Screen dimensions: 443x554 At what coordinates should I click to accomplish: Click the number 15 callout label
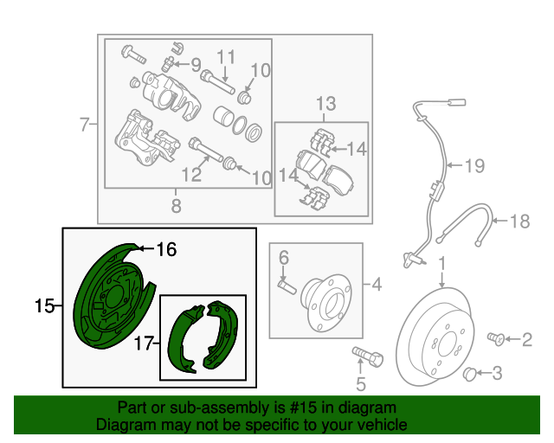pyautogui.click(x=44, y=305)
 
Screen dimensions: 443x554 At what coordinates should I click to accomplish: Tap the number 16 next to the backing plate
pyautogui.click(x=166, y=250)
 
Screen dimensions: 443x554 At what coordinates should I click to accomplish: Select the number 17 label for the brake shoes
pyautogui.click(x=145, y=343)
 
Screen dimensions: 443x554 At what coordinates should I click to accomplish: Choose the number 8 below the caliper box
pyautogui.click(x=176, y=206)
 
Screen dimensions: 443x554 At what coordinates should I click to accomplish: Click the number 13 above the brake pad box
pyautogui.click(x=324, y=106)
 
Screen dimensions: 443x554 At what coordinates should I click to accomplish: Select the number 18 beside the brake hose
pyautogui.click(x=518, y=221)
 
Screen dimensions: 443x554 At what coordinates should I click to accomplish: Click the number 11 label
pyautogui.click(x=226, y=57)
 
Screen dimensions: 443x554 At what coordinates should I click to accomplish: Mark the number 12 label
pyautogui.click(x=190, y=175)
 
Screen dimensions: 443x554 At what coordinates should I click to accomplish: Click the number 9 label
pyautogui.click(x=196, y=64)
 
